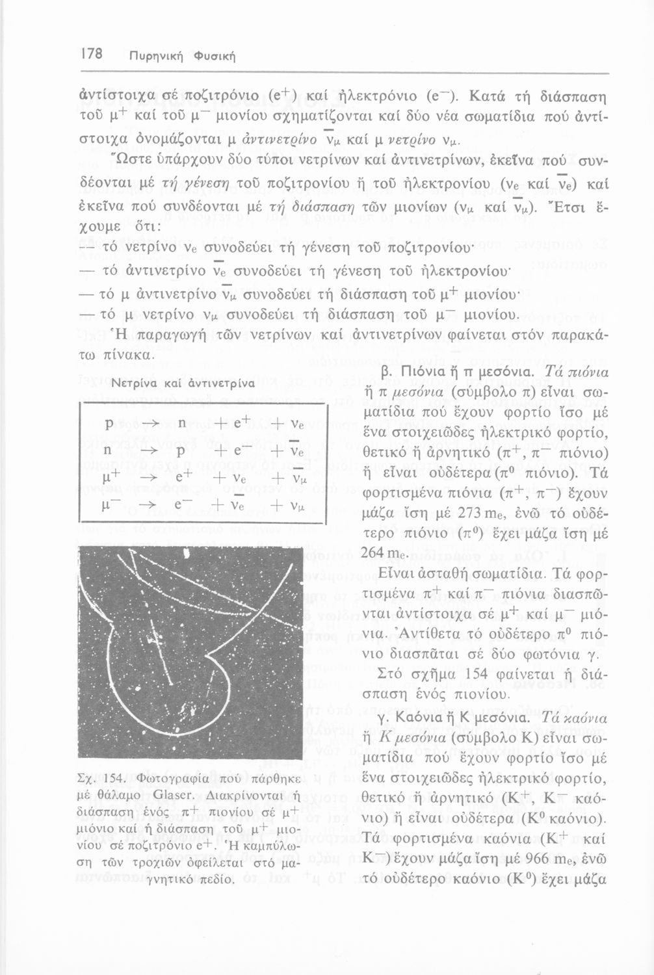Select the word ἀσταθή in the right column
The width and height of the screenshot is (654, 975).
[x=423, y=575]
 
